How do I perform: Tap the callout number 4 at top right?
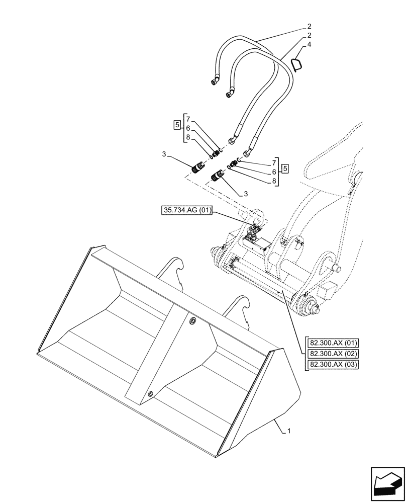click(309, 45)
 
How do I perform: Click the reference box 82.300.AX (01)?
click(333, 343)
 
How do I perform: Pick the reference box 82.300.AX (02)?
click(333, 354)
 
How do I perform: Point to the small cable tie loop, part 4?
click(297, 64)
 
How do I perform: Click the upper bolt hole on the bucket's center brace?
click(193, 320)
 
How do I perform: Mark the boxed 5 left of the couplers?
click(176, 124)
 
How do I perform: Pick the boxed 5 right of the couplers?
click(285, 168)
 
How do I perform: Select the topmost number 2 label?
click(309, 25)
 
